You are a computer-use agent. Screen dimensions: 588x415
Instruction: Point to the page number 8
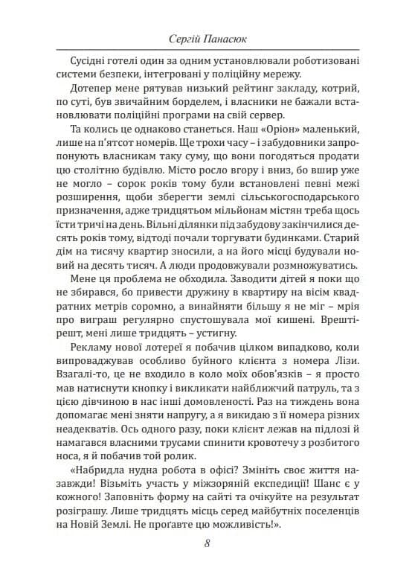coord(207,542)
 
